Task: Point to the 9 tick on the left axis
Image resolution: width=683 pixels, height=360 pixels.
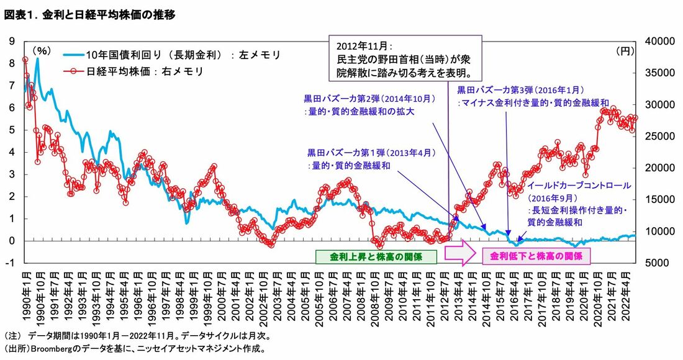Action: [11, 41]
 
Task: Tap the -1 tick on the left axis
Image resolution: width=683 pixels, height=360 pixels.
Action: [10, 263]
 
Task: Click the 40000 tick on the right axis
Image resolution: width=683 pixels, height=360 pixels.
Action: [659, 41]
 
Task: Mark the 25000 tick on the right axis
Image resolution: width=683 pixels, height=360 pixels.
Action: [659, 136]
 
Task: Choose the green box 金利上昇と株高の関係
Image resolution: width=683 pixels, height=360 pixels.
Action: [376, 256]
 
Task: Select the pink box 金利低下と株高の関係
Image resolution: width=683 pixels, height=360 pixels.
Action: [536, 256]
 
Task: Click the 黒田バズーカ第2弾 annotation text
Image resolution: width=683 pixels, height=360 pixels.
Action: [369, 105]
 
